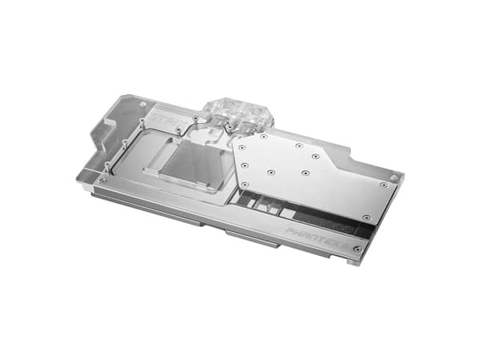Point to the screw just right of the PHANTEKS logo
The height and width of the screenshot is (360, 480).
pyautogui.click(x=357, y=248)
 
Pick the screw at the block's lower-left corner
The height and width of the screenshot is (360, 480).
pyautogui.click(x=103, y=180)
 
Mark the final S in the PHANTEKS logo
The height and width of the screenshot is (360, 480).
pyautogui.click(x=346, y=242)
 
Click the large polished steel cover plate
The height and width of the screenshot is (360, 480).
pyautogui.click(x=312, y=172)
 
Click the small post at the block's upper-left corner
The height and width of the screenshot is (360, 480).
pyautogui.click(x=143, y=104)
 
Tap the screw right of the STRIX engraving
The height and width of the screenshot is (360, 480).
pyautogui.click(x=198, y=120)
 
